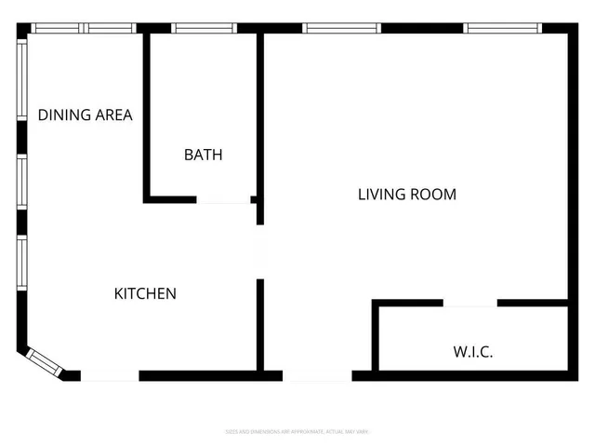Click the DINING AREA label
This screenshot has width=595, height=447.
coord(85,115)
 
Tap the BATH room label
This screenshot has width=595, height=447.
coord(203,155)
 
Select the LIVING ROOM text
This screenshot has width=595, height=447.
coord(407,195)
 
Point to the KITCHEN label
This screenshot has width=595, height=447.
coord(145,293)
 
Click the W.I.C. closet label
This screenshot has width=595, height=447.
coord(472,352)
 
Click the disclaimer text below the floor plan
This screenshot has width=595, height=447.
coord(297,431)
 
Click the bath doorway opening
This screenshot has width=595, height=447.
coord(223,199)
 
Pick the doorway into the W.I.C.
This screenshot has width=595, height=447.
coord(469,303)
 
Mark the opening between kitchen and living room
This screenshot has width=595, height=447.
coord(260,251)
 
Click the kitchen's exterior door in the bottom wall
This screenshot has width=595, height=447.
coord(110,376)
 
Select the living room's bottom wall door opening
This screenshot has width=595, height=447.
coord(317,376)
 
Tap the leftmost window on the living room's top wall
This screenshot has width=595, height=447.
coord(342,28)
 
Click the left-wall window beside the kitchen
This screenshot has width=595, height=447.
coord(21,264)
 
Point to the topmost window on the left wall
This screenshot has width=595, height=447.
coord(21,79)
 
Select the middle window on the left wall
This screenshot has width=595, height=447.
coord(21,183)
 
